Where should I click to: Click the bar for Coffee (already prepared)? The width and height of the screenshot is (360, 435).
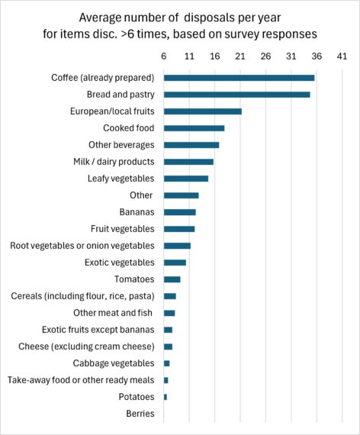tap(239, 78)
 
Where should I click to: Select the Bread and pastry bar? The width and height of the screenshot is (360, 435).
tap(236, 95)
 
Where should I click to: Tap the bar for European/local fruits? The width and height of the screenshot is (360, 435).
tap(202, 111)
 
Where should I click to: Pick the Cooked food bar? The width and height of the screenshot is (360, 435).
tap(194, 128)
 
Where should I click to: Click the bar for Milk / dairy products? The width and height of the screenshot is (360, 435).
tap(188, 162)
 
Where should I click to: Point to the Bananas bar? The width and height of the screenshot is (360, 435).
tap(179, 212)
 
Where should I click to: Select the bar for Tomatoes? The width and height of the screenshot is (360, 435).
tap(172, 279)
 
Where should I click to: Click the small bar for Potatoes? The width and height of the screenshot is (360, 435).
tap(165, 397)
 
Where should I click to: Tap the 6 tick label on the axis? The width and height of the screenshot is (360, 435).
tap(163, 56)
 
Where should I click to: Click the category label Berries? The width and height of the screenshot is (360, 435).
tap(140, 414)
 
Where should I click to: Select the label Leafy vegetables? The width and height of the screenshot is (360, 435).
tap(121, 179)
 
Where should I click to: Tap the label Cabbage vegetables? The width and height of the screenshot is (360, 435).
tap(114, 363)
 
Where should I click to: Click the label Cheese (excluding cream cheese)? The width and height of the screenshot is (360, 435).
tap(86, 346)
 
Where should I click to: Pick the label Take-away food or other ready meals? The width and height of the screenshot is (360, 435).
tap(82, 380)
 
